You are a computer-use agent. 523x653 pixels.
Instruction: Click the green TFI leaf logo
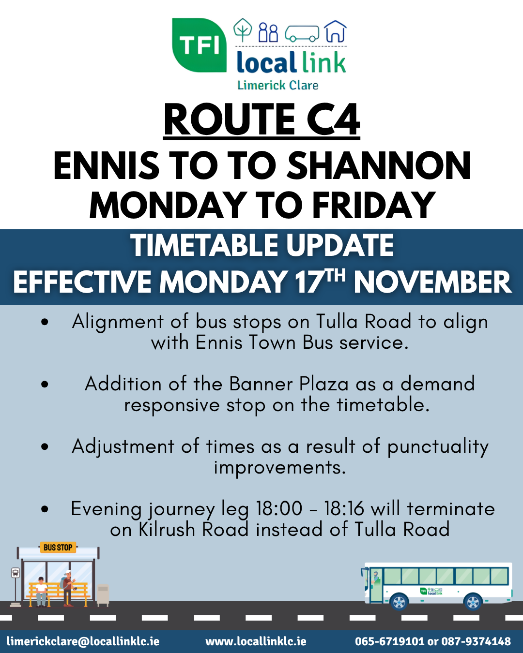[199, 45]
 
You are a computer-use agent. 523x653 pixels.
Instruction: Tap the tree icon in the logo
[243, 30]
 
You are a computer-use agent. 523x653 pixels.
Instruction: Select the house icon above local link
[335, 31]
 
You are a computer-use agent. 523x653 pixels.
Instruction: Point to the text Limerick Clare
[278, 85]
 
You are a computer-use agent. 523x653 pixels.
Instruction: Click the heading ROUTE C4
[261, 119]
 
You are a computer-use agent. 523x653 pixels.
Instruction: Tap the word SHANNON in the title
[379, 166]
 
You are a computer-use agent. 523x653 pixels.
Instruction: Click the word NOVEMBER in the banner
[433, 282]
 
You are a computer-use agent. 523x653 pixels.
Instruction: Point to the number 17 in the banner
[309, 282]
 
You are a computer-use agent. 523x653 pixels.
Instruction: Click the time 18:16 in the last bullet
[344, 508]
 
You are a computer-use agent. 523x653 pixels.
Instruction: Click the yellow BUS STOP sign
[58, 548]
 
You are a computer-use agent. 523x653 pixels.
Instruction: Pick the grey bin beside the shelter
[103, 595]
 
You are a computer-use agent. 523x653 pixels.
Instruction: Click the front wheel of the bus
[399, 601]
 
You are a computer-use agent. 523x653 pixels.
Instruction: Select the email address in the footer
[83, 641]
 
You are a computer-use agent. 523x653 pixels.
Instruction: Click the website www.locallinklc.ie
[256, 641]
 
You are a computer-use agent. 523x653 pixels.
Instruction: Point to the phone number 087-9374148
[476, 641]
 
